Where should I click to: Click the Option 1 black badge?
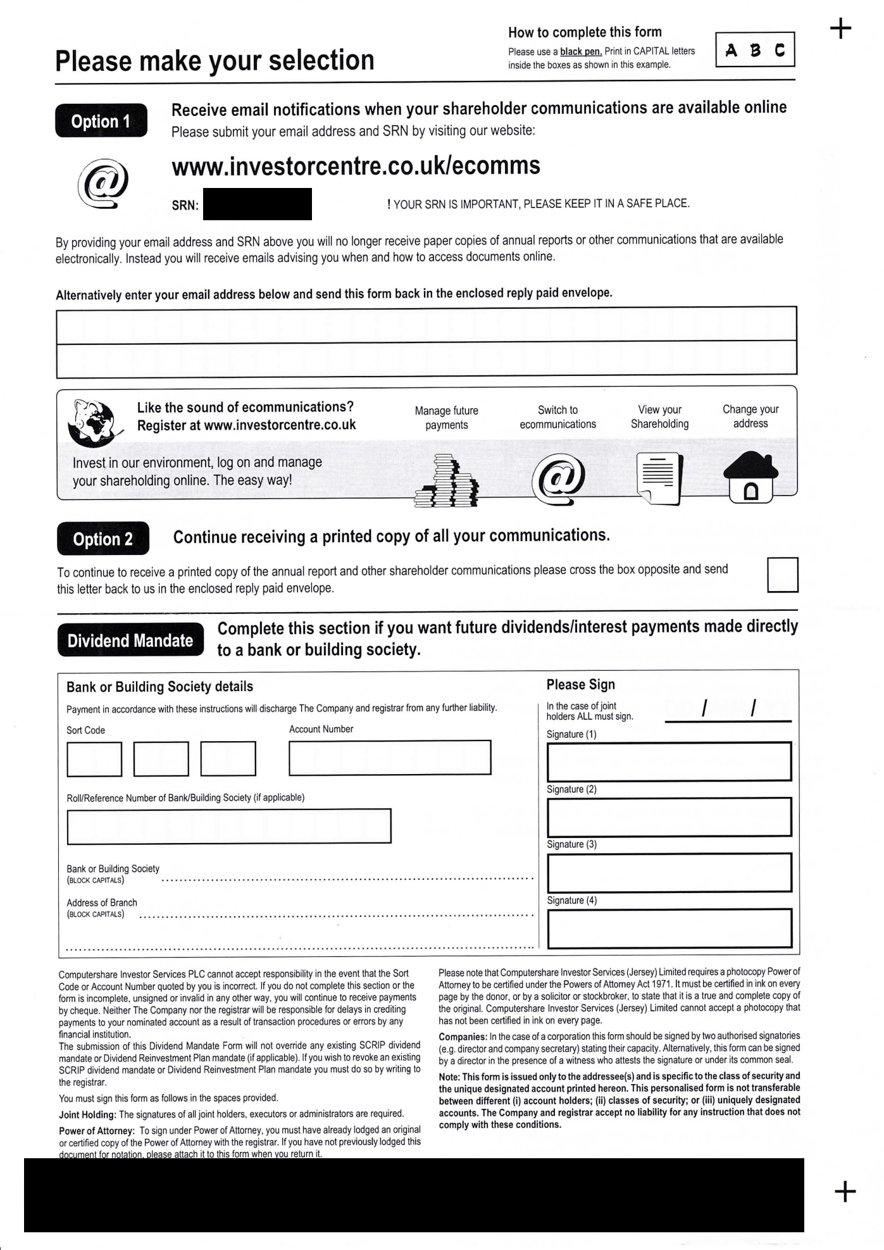click(101, 121)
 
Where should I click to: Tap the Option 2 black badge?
click(103, 539)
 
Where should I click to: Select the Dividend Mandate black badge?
click(130, 640)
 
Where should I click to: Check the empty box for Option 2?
click(782, 575)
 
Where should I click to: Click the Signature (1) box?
click(669, 761)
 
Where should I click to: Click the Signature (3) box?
click(669, 872)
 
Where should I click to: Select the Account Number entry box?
click(390, 757)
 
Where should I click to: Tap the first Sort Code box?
click(94, 758)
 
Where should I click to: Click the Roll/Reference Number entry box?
click(228, 826)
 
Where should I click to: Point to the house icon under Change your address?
click(750, 478)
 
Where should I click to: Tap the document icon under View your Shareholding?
click(659, 478)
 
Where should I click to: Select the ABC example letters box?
click(755, 50)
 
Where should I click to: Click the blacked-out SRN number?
click(258, 204)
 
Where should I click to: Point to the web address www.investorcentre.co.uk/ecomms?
click(356, 166)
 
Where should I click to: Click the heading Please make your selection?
click(215, 61)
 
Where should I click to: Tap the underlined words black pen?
click(581, 51)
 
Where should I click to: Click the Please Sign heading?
click(580, 684)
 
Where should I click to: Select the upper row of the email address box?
click(426, 325)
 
